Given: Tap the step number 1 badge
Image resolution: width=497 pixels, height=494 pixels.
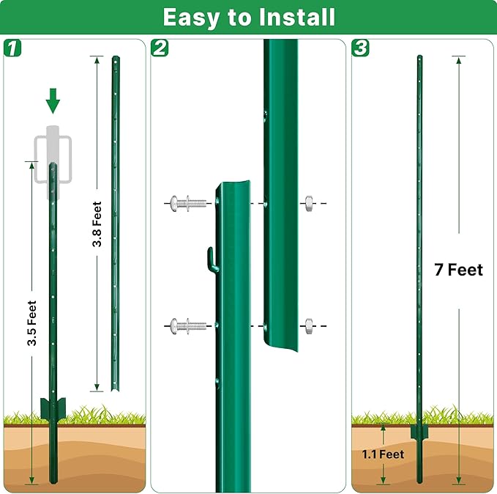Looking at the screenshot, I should pos(13,48).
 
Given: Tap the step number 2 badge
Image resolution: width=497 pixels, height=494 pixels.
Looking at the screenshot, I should pos(160,48).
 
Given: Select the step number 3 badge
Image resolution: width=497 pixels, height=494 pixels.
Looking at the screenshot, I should pos(360,48).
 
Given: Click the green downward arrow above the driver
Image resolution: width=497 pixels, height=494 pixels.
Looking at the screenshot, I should pos(53,100).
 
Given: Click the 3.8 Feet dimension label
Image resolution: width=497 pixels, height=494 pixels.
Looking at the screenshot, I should pos(97,224).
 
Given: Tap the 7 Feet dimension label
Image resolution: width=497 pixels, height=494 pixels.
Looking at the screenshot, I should pos(458,270).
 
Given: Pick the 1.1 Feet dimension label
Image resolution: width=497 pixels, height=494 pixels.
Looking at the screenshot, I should pos(384,454).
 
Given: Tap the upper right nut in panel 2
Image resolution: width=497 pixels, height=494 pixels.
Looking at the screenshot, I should pos(308,202).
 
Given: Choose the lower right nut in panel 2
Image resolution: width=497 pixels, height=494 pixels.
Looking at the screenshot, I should pos(308,324).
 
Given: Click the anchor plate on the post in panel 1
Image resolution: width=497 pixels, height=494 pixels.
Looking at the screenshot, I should pos(53,410).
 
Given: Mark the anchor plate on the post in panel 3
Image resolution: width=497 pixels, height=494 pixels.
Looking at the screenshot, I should pos(419,432).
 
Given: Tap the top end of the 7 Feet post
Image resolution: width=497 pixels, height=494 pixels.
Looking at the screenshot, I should pos(419,58).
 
